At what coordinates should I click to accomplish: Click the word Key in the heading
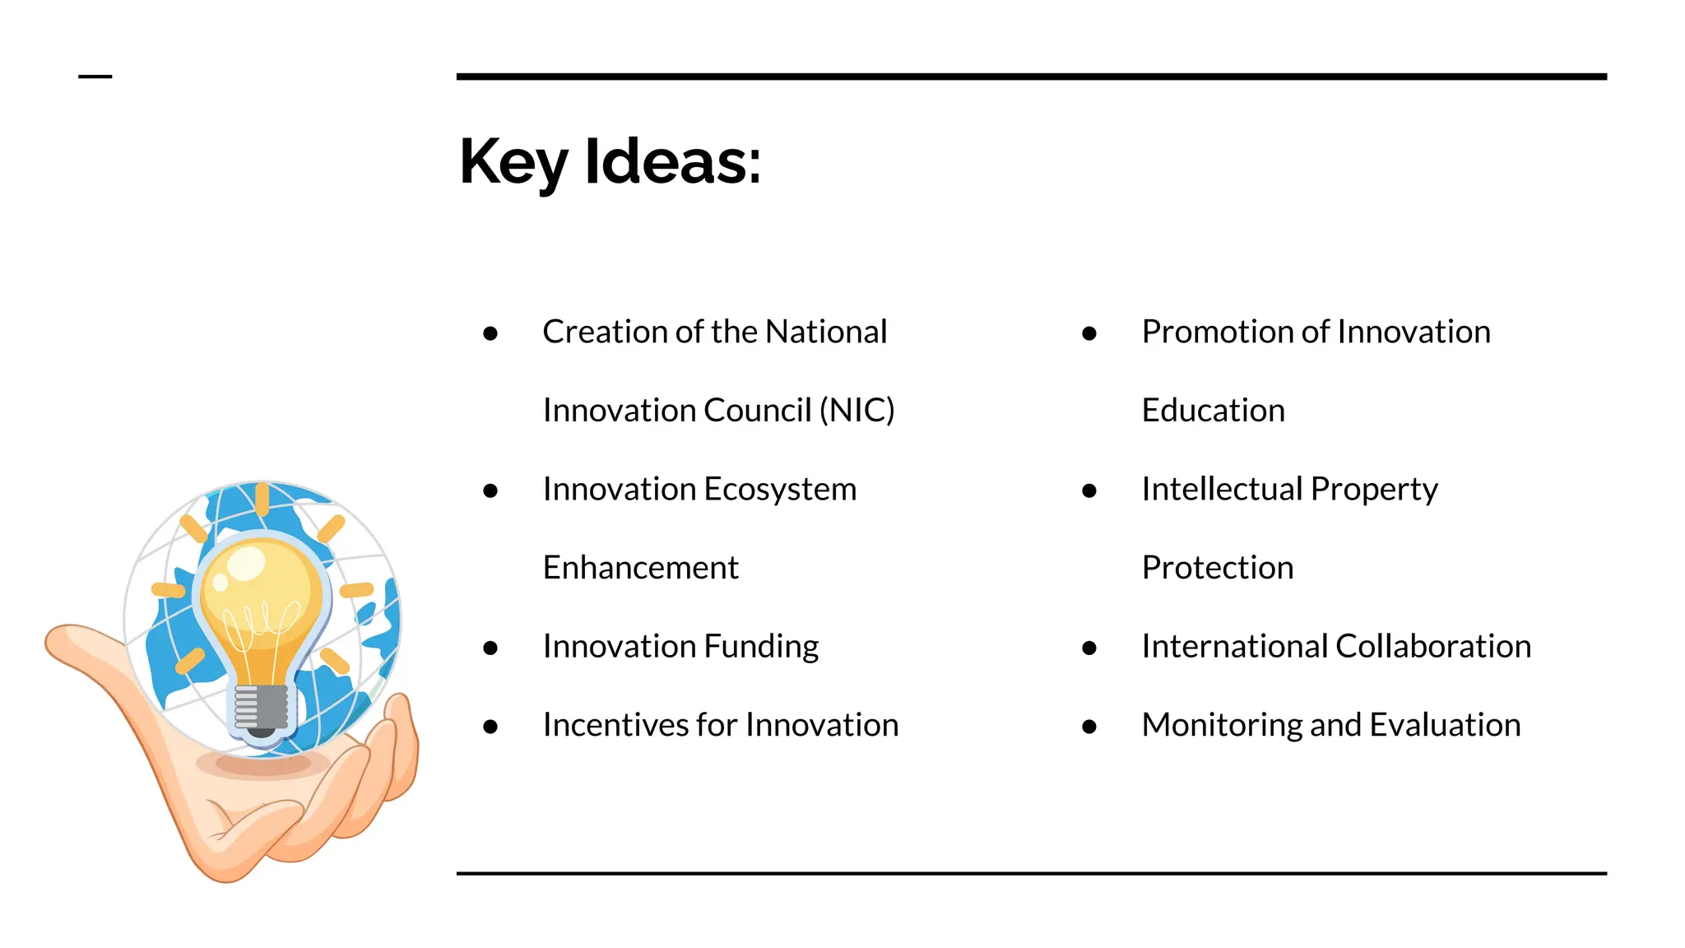pyautogui.click(x=513, y=162)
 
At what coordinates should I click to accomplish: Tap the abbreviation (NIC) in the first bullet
pyautogui.click(x=856, y=410)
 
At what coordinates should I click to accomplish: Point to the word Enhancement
pyautogui.click(x=640, y=568)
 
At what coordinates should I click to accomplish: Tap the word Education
pyautogui.click(x=1213, y=410)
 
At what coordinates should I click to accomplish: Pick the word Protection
pyautogui.click(x=1217, y=568)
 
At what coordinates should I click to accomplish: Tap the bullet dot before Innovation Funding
pyautogui.click(x=490, y=648)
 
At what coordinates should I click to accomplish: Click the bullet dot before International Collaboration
pyautogui.click(x=1089, y=648)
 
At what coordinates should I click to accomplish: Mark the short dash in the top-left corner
pyautogui.click(x=95, y=77)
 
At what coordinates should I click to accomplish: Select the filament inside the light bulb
pyautogui.click(x=262, y=625)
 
